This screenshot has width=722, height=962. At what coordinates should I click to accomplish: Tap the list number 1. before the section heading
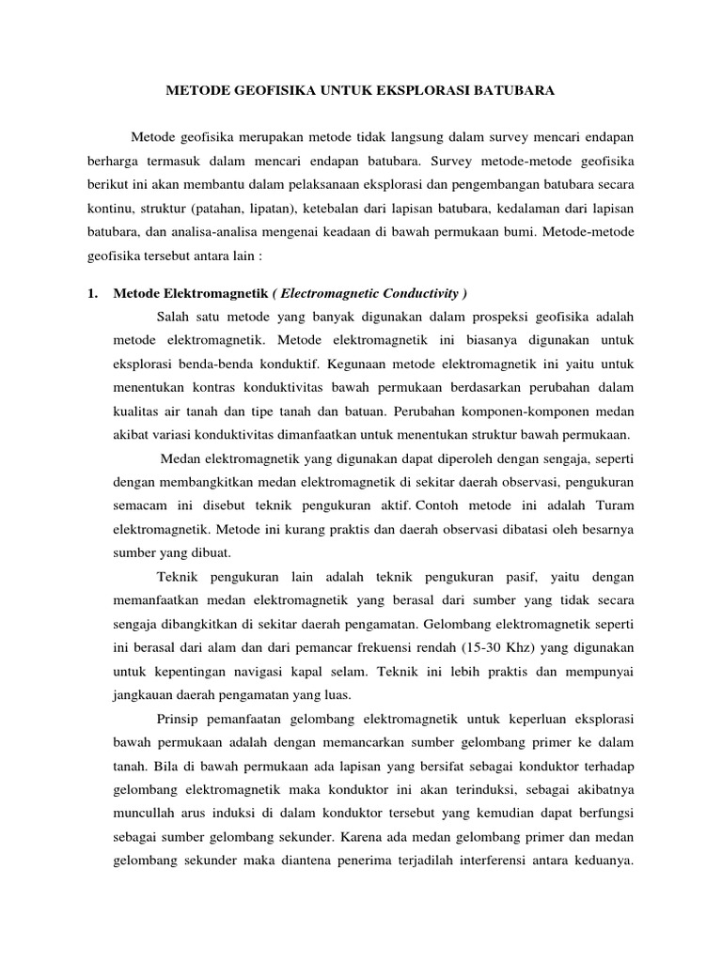[x=92, y=293]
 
